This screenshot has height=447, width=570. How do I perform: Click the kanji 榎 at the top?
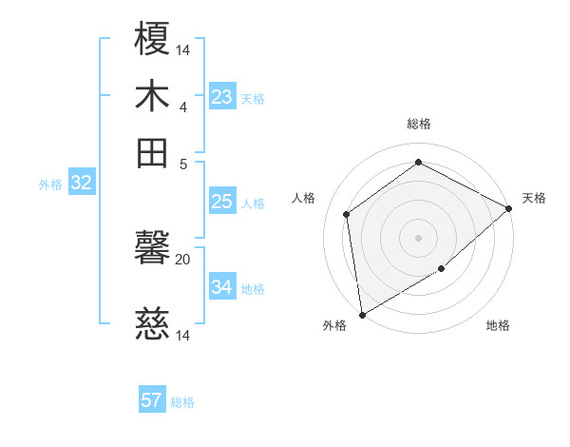tap(153, 41)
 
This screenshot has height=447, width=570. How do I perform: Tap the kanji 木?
tap(153, 97)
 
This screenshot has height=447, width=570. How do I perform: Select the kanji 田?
tap(153, 152)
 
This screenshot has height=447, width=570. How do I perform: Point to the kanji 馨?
tap(153, 252)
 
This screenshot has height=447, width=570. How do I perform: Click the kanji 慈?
tap(153, 327)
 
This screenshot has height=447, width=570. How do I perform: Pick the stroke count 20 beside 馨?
tap(183, 259)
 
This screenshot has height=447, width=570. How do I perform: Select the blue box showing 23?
tap(222, 96)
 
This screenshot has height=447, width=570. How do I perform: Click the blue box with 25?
tap(222, 202)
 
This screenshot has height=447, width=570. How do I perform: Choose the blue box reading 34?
tap(222, 286)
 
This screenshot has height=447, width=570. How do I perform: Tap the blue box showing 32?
tap(81, 184)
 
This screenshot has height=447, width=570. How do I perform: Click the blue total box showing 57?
tap(152, 400)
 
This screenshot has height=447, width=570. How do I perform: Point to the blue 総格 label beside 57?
tap(182, 402)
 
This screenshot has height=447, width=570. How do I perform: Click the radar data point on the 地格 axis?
tap(441, 269)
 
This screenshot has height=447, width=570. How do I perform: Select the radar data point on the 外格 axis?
tap(362, 314)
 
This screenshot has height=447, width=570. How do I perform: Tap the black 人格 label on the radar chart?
tap(305, 198)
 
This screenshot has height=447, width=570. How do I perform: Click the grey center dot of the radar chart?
tap(418, 237)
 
